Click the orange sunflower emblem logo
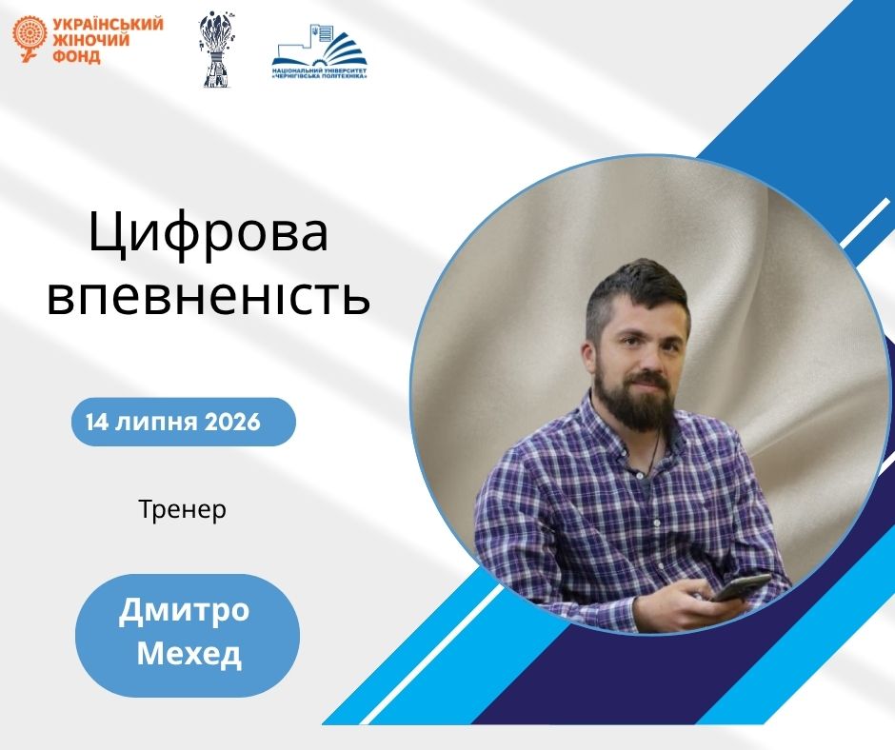pyautogui.click(x=30, y=39)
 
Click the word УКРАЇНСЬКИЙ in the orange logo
pyautogui.click(x=108, y=25)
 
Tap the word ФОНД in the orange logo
pyautogui.click(x=76, y=56)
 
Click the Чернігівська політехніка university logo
pyautogui.click(x=320, y=51)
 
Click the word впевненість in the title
pyautogui.click(x=209, y=297)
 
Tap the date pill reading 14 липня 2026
pyautogui.click(x=183, y=422)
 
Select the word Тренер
pyautogui.click(x=183, y=509)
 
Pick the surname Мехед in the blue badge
pyautogui.click(x=189, y=654)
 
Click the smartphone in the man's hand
pyautogui.click(x=741, y=586)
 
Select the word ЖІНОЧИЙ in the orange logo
pyautogui.click(x=90, y=40)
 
